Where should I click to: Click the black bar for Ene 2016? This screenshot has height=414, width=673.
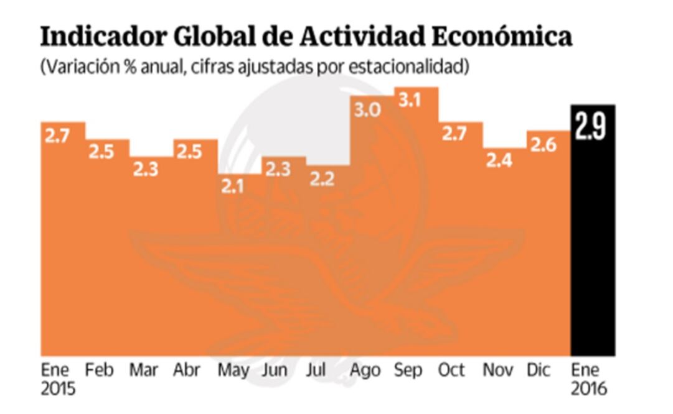pos(593,249)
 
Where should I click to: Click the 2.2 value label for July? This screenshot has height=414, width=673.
pos(321,180)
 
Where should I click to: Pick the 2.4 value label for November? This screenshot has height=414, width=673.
pos(496,161)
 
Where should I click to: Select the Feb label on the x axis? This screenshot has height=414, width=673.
pos(100,370)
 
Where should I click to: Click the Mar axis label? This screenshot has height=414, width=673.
pos(143,370)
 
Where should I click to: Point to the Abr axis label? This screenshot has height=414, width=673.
pos(187,370)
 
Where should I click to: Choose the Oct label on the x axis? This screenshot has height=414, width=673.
pos(451,370)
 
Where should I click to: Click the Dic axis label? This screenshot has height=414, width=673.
pos(539,370)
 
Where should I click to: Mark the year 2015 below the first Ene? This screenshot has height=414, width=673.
pos(58,390)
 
